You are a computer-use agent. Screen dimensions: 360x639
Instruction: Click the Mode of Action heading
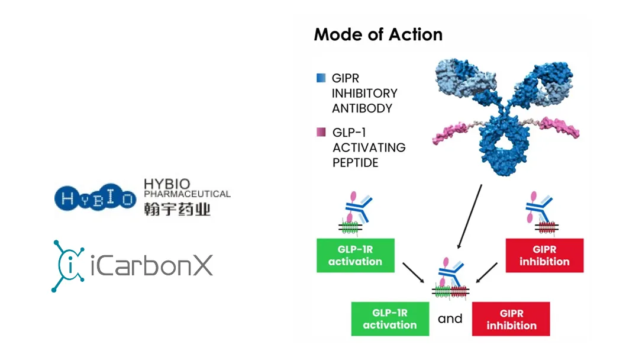[378, 34]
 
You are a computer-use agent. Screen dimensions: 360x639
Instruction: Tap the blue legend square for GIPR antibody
[321, 78]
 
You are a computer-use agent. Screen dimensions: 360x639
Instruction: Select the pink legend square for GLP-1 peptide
[321, 133]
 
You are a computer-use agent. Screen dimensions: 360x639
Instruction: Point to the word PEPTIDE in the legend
[356, 162]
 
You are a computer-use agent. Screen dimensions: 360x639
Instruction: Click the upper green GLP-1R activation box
[355, 256]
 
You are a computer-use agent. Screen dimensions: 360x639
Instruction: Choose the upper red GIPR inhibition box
[544, 256]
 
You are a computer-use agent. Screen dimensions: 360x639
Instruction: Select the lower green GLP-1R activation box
[390, 319]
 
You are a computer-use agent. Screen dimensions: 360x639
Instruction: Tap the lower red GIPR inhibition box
[511, 319]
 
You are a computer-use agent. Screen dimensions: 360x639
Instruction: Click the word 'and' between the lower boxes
[450, 319]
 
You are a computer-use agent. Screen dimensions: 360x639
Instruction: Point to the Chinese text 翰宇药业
[177, 208]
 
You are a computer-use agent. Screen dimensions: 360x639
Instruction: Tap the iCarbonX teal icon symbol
[68, 266]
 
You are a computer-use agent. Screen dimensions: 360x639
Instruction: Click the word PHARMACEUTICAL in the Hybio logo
[188, 194]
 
